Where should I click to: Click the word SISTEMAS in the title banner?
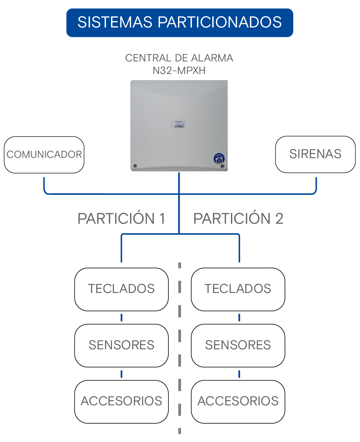(x=115, y=22)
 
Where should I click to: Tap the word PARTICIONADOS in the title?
(x=220, y=22)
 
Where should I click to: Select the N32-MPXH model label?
(x=179, y=71)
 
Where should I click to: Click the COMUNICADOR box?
(x=44, y=155)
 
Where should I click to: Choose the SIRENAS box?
(x=316, y=154)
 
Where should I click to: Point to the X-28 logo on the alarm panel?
(x=179, y=124)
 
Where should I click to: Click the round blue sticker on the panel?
(x=219, y=159)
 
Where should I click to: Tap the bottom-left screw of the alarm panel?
(x=136, y=166)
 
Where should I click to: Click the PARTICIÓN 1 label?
(x=122, y=218)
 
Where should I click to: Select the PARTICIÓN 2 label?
(x=238, y=218)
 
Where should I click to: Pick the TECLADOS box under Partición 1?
(x=122, y=290)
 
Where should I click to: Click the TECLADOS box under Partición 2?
(x=238, y=290)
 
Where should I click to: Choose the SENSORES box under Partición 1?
(x=122, y=346)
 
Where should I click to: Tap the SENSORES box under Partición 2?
(x=238, y=346)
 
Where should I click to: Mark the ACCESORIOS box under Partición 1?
(x=122, y=402)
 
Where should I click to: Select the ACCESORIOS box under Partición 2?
(x=238, y=402)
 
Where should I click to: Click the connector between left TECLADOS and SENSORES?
(x=122, y=318)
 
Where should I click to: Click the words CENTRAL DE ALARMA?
(x=179, y=58)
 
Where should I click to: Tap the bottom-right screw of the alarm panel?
(x=222, y=166)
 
